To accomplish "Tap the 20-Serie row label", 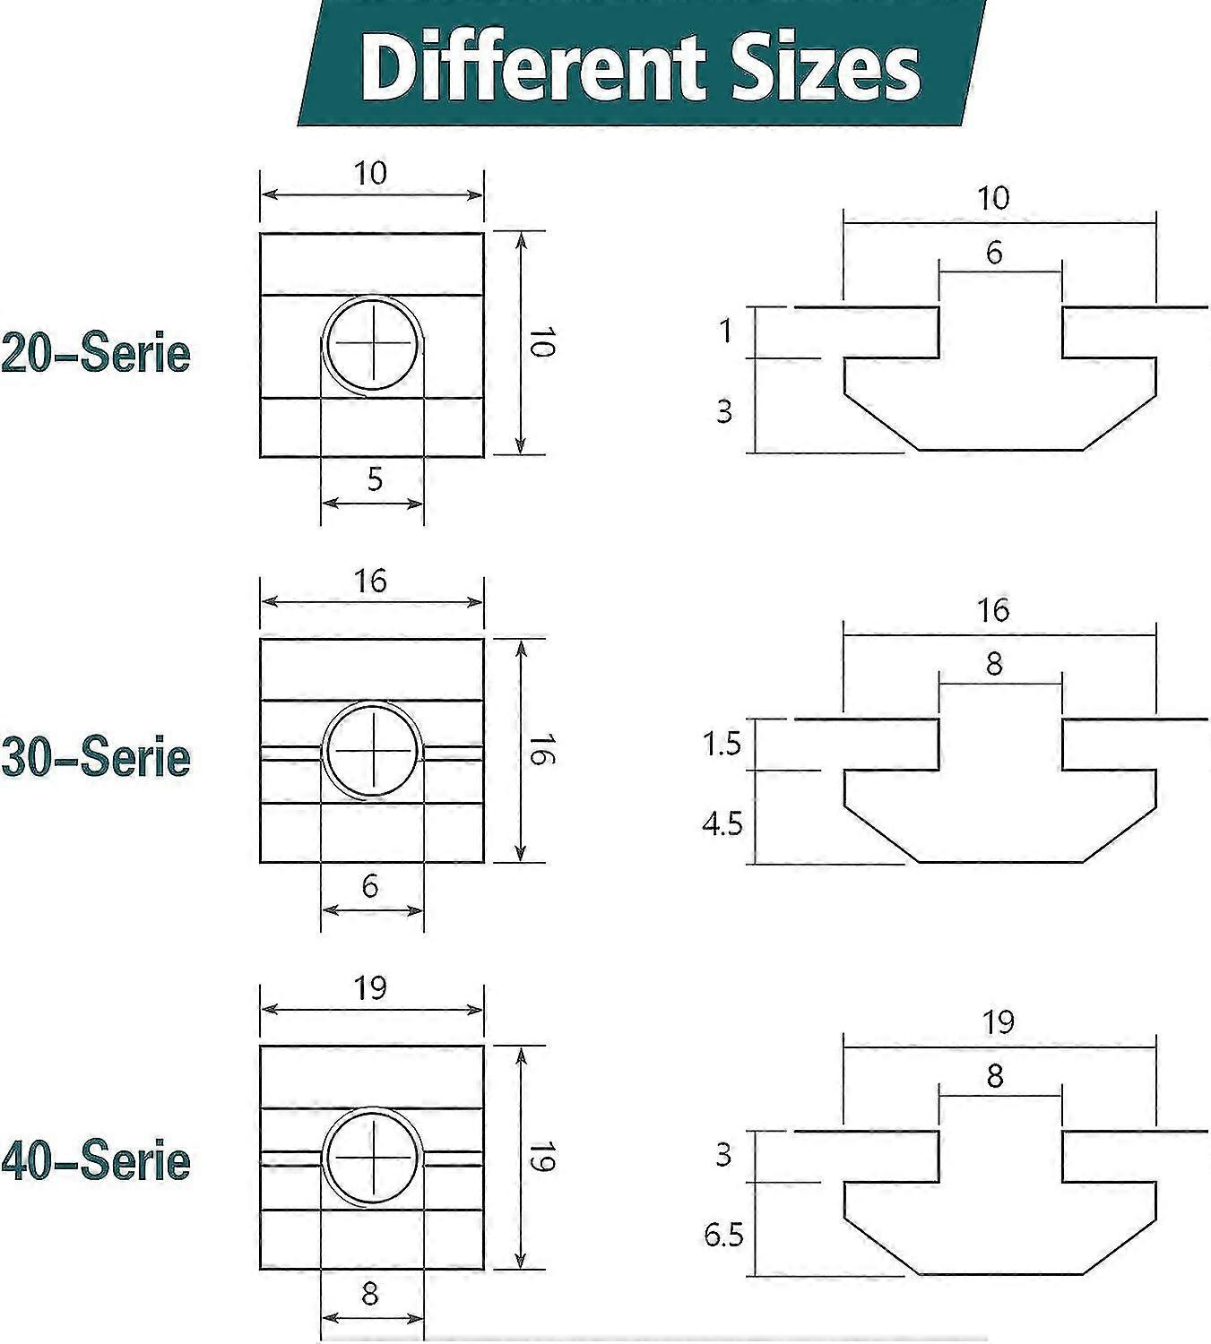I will click(96, 353).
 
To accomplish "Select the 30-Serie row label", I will click(96, 757).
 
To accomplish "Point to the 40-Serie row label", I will click(96, 1161).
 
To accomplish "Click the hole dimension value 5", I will click(375, 479).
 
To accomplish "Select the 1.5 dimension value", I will click(722, 743).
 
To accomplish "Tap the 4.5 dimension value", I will click(722, 823).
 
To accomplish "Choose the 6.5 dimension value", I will click(723, 1236).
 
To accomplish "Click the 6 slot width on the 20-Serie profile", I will click(994, 253).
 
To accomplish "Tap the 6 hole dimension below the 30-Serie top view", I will click(370, 886).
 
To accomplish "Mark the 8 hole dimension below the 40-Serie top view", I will click(370, 1293).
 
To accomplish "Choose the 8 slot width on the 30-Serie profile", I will click(994, 664).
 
